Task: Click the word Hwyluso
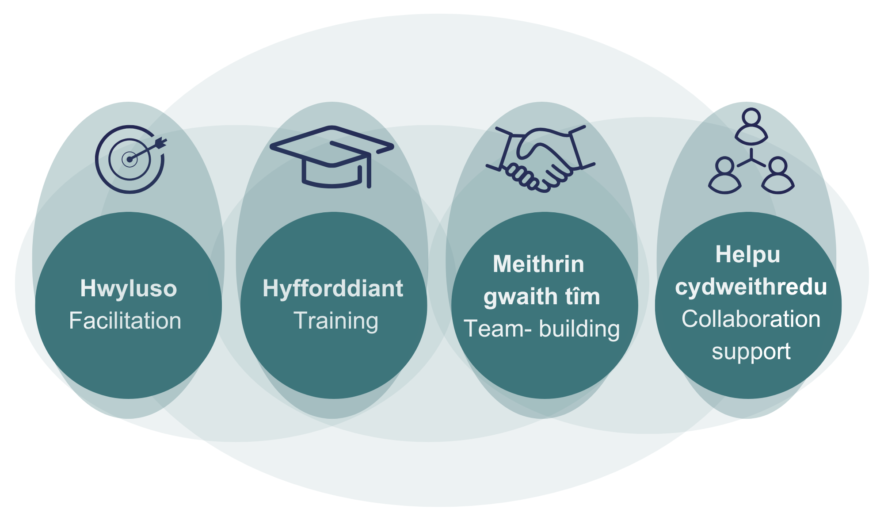pyautogui.click(x=129, y=289)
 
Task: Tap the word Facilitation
pyautogui.click(x=125, y=321)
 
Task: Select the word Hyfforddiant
pyautogui.click(x=333, y=289)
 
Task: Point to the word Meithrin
pyautogui.click(x=538, y=264)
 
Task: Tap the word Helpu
pyautogui.click(x=748, y=255)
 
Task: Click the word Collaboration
pyautogui.click(x=751, y=319)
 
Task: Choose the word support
pyautogui.click(x=751, y=352)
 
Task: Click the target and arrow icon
pyautogui.click(x=130, y=159)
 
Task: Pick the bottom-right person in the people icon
pyautogui.click(x=778, y=176)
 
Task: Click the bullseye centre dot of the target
pyautogui.click(x=130, y=160)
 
